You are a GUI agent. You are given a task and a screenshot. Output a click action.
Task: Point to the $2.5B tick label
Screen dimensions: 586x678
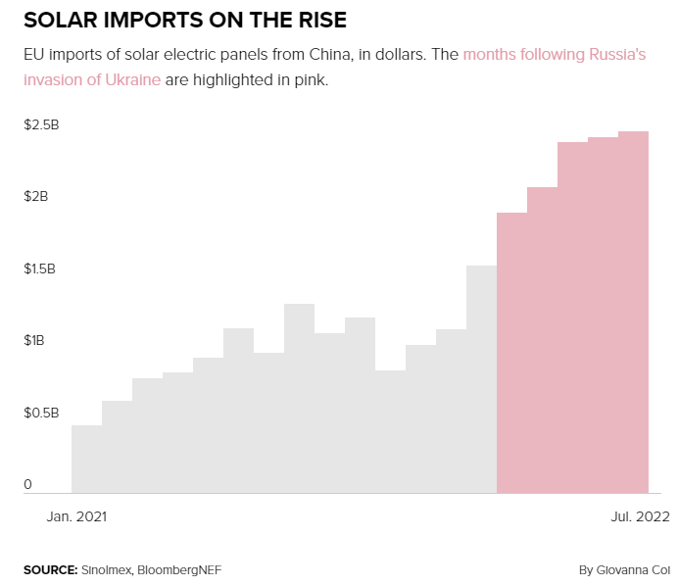[x=41, y=124]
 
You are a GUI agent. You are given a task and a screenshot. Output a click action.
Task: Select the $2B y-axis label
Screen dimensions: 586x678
[x=35, y=197]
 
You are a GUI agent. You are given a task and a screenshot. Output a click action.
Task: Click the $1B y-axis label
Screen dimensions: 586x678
[x=35, y=341]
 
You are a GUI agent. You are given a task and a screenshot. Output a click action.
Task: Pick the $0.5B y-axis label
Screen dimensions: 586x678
[x=41, y=413]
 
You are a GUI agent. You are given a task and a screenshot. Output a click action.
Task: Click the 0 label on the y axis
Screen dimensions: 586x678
[x=28, y=484]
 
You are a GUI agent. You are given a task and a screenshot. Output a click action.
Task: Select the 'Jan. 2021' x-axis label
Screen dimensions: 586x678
[x=76, y=515]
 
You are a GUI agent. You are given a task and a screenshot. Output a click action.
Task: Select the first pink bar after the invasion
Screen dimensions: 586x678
[x=511, y=353]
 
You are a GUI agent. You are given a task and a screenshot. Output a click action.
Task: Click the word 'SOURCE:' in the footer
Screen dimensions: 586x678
[x=50, y=569]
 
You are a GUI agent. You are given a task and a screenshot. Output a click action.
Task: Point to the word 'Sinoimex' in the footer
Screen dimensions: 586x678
[x=107, y=569]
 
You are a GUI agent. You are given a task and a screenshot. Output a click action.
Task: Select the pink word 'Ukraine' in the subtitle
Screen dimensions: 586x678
[x=133, y=79]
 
